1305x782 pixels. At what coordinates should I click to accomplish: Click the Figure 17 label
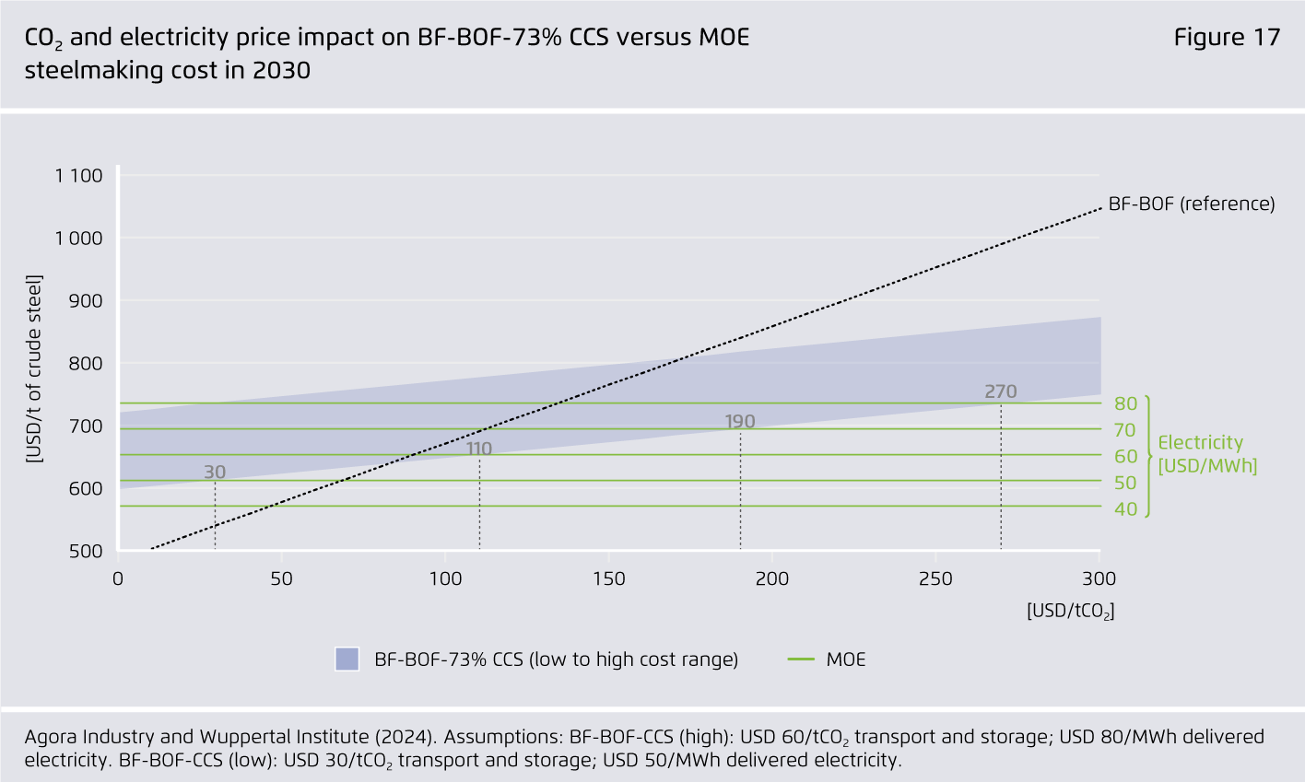click(x=1227, y=38)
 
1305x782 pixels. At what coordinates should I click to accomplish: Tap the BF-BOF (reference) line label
click(x=1191, y=204)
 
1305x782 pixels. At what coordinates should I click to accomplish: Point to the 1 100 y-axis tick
click(x=78, y=176)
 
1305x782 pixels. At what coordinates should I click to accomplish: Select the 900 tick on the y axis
click(x=86, y=301)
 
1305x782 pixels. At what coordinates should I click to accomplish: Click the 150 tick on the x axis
click(x=608, y=579)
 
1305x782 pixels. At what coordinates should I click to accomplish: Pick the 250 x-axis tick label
click(x=935, y=579)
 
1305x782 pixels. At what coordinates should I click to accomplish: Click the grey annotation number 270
click(x=1000, y=391)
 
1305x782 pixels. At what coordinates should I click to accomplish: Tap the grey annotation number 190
click(x=739, y=422)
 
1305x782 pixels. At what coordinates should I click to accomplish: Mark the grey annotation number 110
click(x=478, y=449)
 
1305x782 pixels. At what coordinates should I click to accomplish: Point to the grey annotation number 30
click(x=215, y=473)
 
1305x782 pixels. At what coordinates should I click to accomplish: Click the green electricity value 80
click(x=1125, y=403)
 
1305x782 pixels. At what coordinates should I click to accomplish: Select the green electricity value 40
click(x=1125, y=508)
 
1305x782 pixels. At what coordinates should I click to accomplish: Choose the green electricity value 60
click(x=1125, y=456)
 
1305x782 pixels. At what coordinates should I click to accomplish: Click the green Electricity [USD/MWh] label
click(x=1206, y=454)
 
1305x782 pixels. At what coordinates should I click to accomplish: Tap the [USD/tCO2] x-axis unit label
click(x=1070, y=611)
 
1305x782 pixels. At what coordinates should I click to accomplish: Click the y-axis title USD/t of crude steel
click(x=34, y=368)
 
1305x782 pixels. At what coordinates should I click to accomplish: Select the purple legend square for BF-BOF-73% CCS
click(x=347, y=659)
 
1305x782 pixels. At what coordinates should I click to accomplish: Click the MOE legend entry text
click(x=846, y=659)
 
